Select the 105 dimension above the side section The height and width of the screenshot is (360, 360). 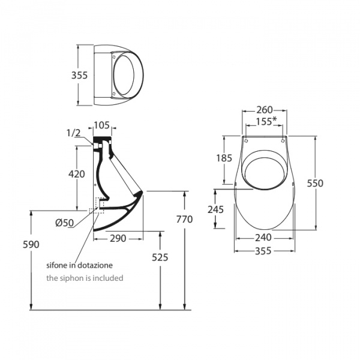coord(101,125)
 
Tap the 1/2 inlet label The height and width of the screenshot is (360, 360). coord(73,133)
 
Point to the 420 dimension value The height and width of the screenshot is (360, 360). coord(76,174)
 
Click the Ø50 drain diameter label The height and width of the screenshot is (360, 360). coord(64,223)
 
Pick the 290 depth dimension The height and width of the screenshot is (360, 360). coord(118,239)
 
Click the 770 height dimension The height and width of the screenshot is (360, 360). coord(184,220)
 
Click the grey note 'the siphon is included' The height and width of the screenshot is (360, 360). coord(85,278)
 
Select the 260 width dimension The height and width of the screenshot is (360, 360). coord(264,110)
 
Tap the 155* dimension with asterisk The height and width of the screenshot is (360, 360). coord(265,121)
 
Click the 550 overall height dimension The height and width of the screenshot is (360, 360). coord(315,183)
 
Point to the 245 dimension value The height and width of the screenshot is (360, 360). coord(215,209)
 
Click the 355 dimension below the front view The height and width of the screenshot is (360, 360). coord(264,250)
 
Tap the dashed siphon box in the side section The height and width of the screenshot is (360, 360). coord(96,206)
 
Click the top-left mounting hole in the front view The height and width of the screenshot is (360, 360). coord(245,140)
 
